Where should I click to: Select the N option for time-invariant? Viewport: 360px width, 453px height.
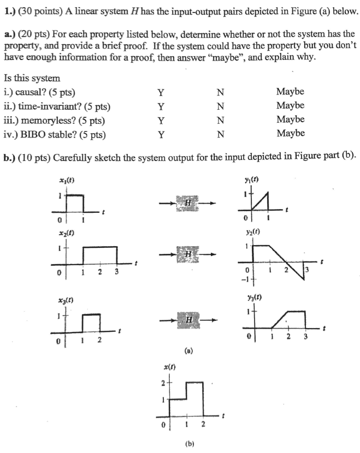221,106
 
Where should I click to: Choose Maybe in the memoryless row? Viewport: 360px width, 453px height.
290,120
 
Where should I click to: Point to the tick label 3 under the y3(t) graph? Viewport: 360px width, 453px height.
306,336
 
